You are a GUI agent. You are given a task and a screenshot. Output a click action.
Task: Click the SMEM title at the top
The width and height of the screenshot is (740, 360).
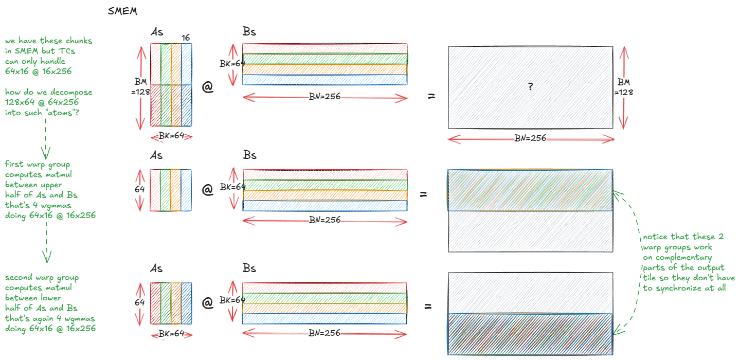point(122,11)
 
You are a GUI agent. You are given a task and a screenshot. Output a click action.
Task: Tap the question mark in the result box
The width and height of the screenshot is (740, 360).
point(530,87)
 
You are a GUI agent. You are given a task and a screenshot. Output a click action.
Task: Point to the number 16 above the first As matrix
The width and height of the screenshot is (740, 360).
point(185,37)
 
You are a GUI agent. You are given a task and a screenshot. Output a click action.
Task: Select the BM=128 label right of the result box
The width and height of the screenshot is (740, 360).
point(624,87)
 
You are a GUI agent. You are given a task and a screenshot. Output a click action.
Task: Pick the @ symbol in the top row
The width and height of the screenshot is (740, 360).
point(207,87)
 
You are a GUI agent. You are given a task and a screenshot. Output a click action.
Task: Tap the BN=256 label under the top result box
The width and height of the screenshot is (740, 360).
point(530,138)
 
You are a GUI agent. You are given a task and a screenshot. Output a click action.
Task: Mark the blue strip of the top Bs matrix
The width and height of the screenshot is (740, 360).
point(324,80)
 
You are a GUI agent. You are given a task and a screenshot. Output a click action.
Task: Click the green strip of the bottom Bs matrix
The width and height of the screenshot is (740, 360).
point(324,298)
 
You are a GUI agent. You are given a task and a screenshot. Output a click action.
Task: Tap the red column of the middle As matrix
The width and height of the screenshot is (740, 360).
point(155,190)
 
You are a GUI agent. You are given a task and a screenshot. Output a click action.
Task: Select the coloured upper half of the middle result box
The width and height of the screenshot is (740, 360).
point(530,190)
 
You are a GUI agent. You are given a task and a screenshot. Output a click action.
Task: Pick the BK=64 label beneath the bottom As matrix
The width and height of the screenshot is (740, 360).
point(171,333)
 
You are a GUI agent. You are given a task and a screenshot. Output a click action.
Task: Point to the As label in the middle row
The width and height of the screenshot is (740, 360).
point(157,155)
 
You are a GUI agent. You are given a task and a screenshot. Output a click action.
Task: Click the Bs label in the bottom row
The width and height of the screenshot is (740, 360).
point(249,268)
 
